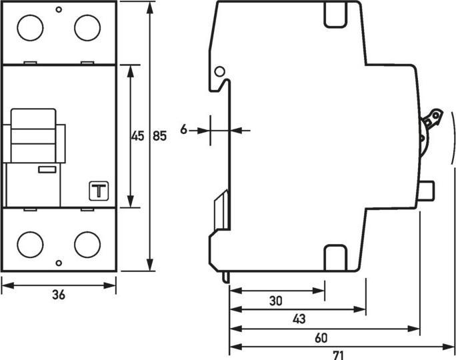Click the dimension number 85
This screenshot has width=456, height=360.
coord(159,136)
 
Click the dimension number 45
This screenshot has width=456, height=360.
coord(137,136)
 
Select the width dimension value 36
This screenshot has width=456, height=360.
coord(59,295)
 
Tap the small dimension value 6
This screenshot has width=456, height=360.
coord(184,130)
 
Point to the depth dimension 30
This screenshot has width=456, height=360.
coord(276,301)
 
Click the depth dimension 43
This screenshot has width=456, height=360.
coord(299,319)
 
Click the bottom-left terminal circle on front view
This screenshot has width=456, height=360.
coord(29,243)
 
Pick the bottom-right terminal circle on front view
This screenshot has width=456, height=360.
coord(87,243)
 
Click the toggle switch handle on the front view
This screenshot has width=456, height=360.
coord(37,134)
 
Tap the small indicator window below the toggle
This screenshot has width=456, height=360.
coord(47,170)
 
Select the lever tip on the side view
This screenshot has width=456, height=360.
coord(434,118)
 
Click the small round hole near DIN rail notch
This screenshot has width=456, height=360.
coord(219,71)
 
